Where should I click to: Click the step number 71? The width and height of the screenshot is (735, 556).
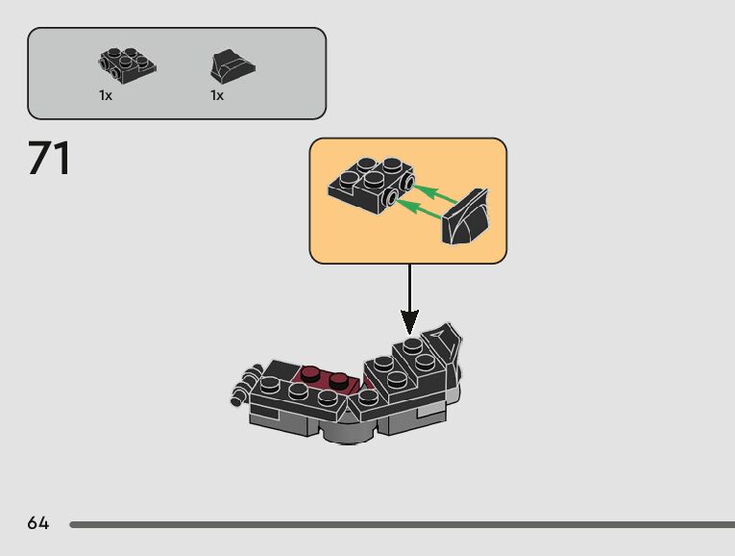click(x=49, y=159)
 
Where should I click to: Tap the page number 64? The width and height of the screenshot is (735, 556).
click(x=37, y=523)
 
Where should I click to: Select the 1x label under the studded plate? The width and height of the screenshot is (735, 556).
click(x=106, y=95)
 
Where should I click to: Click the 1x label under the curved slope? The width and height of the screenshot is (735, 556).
click(x=217, y=95)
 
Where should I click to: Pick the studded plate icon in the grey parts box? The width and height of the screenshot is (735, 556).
click(x=127, y=65)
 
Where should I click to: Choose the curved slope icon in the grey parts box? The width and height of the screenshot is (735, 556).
click(x=232, y=66)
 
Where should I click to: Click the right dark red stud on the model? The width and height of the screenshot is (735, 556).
click(x=339, y=378)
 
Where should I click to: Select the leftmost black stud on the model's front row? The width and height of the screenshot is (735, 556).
click(x=271, y=385)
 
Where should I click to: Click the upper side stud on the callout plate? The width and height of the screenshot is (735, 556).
click(x=407, y=181)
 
